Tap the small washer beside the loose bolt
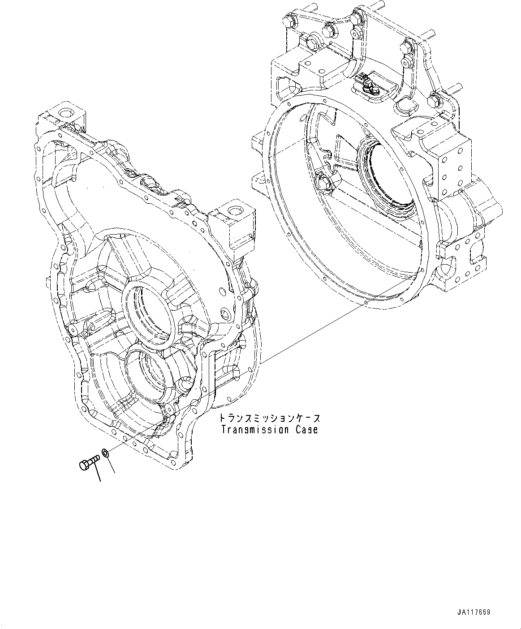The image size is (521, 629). click(105, 454)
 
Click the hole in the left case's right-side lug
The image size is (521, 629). click(234, 210)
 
